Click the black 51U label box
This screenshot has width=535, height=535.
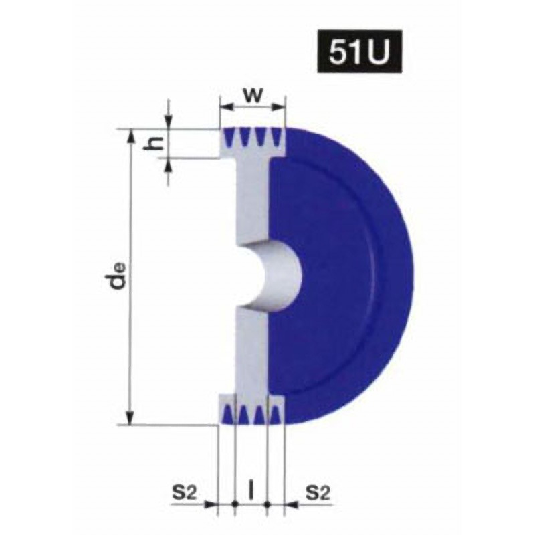coord(359,51)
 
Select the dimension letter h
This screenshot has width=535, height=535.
coord(153,144)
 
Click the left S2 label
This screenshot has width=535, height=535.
coord(185,493)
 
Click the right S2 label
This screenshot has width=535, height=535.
coord(318,493)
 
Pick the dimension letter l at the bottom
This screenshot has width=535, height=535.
coord(251,492)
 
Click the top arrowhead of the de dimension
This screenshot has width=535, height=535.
coord(130,136)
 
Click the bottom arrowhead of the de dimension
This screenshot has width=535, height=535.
coord(130,419)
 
